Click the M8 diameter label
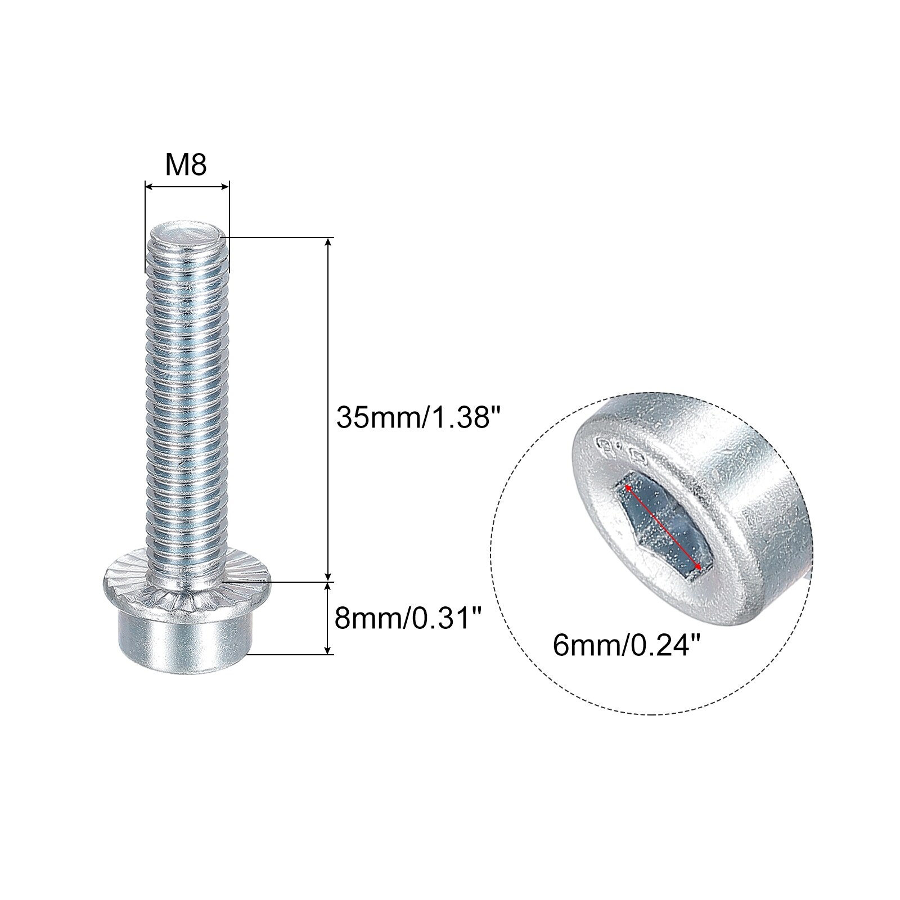186,166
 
